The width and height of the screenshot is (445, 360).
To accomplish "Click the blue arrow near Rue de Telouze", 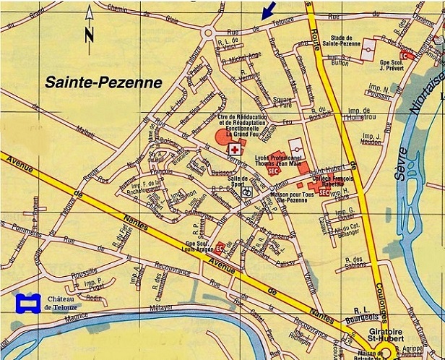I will pos(268,9).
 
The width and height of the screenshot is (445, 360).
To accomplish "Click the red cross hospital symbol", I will pos(234,147).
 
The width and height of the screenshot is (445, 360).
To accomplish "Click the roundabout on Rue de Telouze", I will pos(210,31).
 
